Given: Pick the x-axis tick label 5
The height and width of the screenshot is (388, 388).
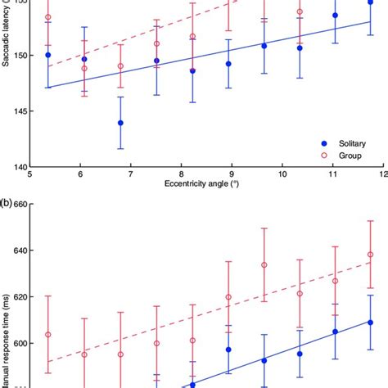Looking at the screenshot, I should tap(30, 174).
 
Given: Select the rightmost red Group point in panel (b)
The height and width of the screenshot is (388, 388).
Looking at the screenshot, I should tap(370, 255).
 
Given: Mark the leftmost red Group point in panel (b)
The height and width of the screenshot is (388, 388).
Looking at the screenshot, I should tap(47, 334).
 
